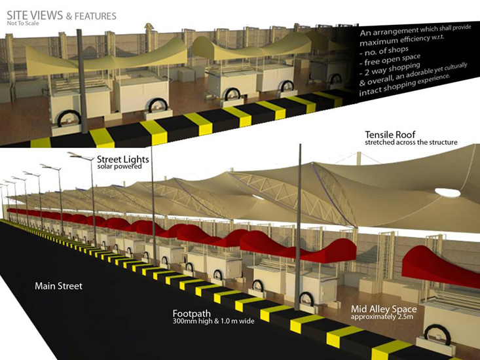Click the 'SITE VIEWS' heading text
coord(35,15)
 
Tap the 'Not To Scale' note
coord(23,24)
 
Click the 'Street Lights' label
coord(122,159)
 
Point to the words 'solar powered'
coord(119,166)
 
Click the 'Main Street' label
coord(58,286)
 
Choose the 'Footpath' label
coord(192,314)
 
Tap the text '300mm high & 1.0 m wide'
coord(213,321)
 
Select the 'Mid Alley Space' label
coord(384,309)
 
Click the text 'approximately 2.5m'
coord(382,317)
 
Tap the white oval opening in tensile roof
coord(447,192)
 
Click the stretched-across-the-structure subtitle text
coord(411,142)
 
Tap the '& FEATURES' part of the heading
coord(91,16)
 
